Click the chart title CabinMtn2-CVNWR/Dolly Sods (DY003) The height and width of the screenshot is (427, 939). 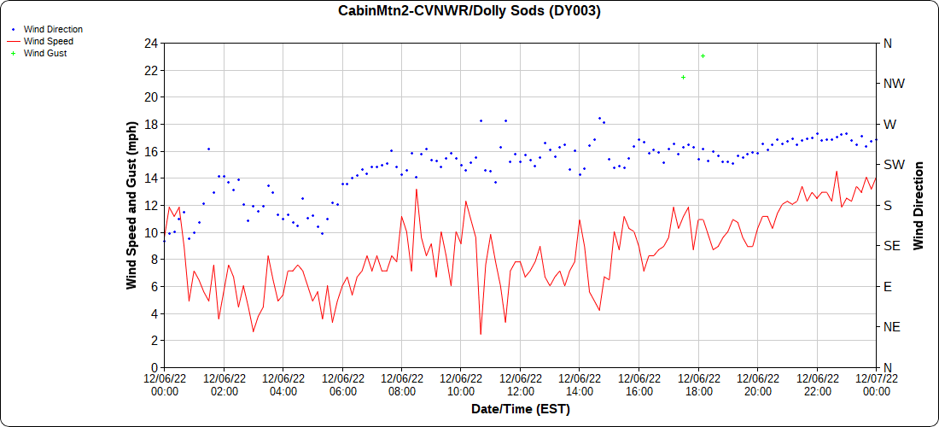coord(469,11)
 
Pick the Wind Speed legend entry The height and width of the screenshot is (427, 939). coord(48,41)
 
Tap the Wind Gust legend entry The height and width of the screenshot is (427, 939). coord(45,53)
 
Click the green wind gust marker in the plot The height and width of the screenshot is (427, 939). coord(684,77)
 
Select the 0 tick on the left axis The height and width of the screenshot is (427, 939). coord(155,367)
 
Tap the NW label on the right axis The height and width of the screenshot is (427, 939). coord(894,84)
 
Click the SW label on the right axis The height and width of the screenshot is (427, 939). coord(894,165)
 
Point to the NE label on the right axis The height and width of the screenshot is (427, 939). coord(892,327)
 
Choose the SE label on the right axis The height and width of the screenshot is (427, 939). coord(891,246)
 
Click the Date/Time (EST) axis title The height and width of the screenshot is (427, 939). coord(521,409)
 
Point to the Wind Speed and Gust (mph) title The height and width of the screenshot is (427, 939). coord(132,205)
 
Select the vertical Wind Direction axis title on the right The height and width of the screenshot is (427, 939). coord(919,205)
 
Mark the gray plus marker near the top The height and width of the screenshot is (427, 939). coord(703,56)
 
